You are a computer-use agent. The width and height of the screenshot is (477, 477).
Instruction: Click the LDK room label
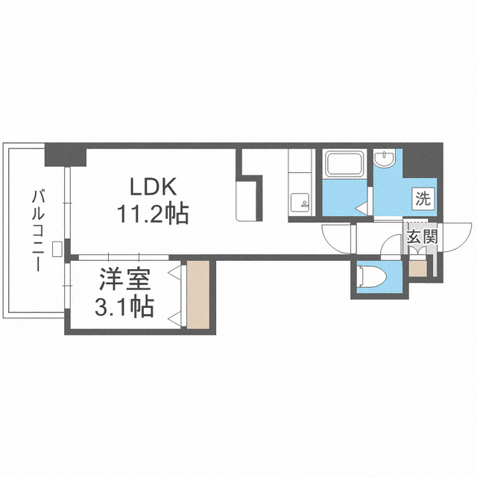(153, 186)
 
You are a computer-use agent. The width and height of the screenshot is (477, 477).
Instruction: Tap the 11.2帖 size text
(153, 214)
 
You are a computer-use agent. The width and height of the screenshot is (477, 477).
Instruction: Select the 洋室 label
(125, 279)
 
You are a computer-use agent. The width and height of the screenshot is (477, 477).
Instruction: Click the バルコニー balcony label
(38, 230)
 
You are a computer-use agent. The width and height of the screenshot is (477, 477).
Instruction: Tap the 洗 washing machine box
(424, 199)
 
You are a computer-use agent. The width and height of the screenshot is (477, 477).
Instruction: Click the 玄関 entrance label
(423, 236)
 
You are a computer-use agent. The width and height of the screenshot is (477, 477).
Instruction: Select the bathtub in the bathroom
(344, 164)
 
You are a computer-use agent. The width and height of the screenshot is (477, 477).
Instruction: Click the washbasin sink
(385, 158)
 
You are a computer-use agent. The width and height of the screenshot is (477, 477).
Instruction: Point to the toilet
(372, 277)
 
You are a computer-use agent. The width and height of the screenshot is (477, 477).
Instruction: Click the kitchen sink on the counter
(300, 202)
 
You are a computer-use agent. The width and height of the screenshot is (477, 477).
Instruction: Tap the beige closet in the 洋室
(198, 294)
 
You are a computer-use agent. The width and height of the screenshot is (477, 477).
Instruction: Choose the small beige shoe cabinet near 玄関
(417, 268)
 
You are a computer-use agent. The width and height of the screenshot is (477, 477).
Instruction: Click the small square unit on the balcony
(57, 249)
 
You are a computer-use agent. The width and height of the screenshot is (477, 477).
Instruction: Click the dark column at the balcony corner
(66, 155)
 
